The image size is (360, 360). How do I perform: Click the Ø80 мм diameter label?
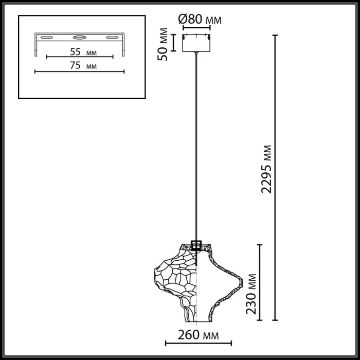200,20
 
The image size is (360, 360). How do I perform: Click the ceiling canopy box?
197,43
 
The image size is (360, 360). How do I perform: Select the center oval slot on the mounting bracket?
79,38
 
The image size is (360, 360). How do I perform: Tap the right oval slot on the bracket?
112,38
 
